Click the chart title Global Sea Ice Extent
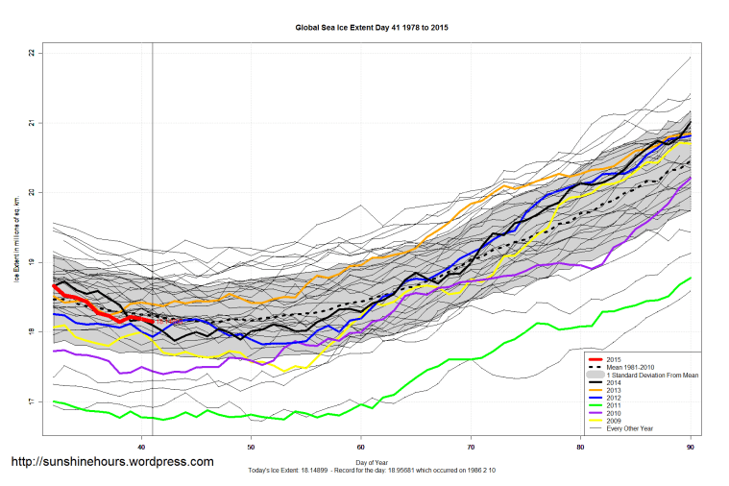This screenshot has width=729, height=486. click(372, 28)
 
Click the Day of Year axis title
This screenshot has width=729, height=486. click(372, 463)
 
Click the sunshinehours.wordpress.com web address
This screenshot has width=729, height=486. click(111, 462)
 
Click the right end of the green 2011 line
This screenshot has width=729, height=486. click(691, 278)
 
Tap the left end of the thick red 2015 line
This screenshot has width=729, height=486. click(54, 285)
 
